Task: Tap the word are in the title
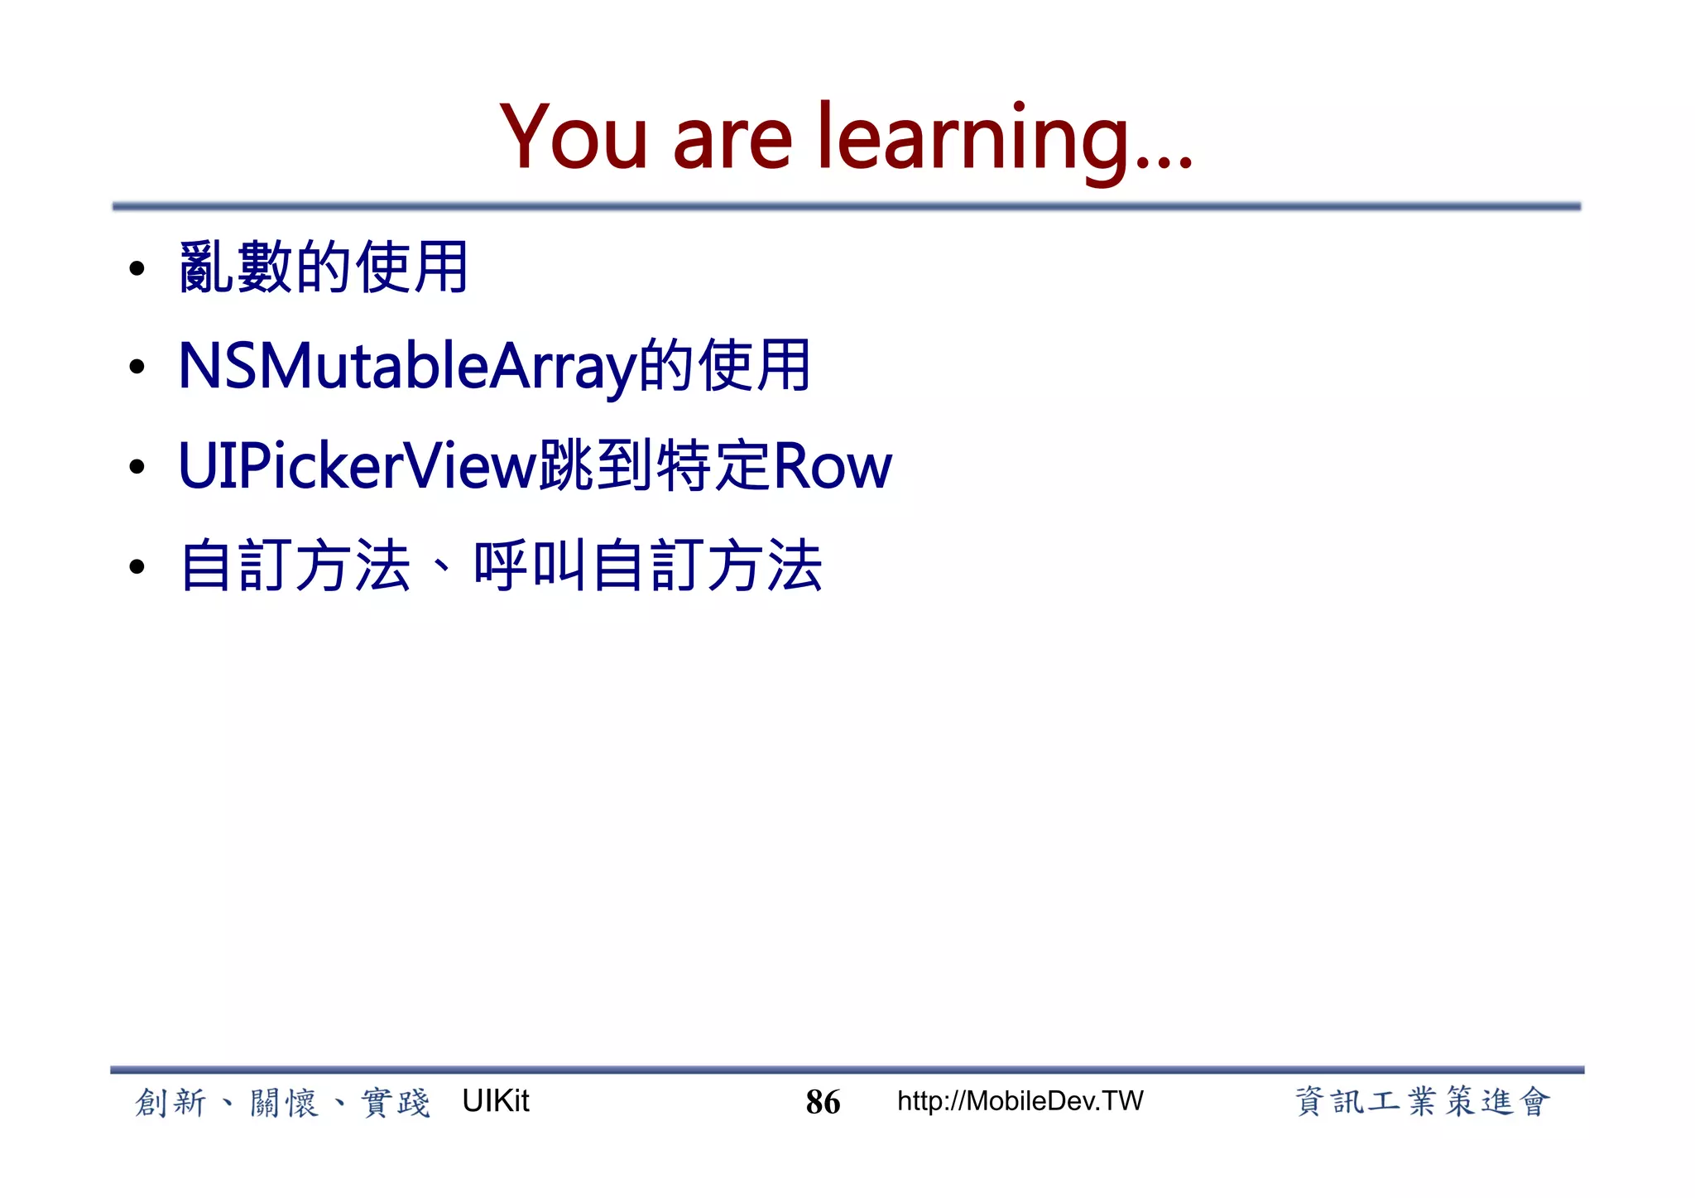[x=732, y=141]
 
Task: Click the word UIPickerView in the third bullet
[x=358, y=466]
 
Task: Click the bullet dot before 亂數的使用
[x=137, y=268]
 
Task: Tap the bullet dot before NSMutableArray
[x=137, y=368]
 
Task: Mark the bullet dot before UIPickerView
[x=137, y=468]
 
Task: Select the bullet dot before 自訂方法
[x=137, y=568]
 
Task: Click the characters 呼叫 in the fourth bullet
[x=530, y=565]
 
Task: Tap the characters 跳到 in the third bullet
[x=596, y=466]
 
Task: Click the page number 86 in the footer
[x=823, y=1102]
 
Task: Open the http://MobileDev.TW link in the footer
[x=1020, y=1101]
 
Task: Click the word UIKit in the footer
[x=495, y=1101]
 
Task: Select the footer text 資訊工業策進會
[x=1422, y=1102]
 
